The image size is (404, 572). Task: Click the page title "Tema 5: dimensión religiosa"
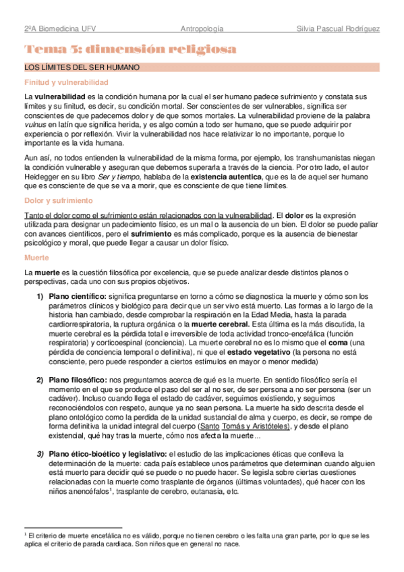pos(130,49)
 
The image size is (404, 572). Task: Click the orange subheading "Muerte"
pos(35,258)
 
